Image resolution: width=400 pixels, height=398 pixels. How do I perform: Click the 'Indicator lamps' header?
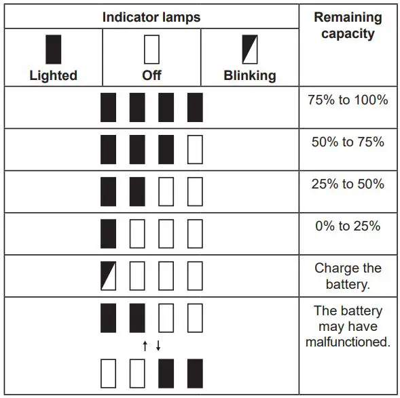151,17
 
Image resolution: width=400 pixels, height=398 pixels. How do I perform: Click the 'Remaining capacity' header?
348,25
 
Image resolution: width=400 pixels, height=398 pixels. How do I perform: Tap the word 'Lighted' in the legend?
53,75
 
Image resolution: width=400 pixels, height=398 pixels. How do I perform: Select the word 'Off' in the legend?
151,75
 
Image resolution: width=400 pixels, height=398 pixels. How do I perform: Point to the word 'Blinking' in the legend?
250,75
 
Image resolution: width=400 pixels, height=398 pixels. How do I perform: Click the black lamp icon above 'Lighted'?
53,49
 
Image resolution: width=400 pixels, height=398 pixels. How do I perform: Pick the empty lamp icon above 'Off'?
151,49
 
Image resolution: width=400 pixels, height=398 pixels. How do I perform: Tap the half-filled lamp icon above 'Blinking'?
250,49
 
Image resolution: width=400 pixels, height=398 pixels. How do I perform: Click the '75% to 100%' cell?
348,100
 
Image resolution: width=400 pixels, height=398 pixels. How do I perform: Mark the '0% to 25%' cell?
348,226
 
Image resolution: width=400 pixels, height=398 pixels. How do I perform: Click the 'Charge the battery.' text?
348,276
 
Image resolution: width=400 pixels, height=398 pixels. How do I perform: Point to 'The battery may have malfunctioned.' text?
348,326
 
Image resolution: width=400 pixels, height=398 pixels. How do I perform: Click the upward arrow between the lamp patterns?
145,346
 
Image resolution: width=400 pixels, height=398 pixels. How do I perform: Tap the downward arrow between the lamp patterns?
158,346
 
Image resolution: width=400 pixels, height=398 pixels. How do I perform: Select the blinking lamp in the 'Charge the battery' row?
109,275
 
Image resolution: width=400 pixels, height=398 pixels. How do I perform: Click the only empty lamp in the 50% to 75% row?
195,150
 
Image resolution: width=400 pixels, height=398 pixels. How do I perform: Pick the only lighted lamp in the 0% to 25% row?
109,233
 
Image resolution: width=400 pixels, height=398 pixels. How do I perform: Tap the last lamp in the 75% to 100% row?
195,107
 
